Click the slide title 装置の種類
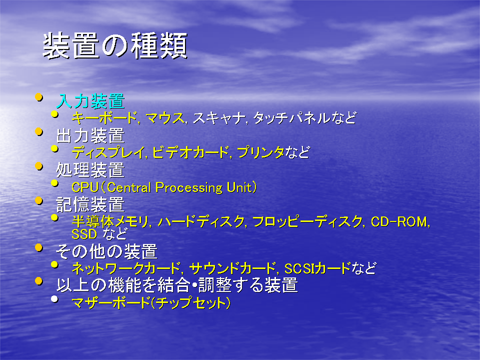click(115, 46)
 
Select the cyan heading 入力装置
click(90, 101)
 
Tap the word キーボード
click(104, 118)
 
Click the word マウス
click(165, 118)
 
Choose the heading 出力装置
click(90, 135)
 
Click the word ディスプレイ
click(108, 152)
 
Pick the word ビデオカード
click(190, 152)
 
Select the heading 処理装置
click(90, 170)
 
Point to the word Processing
click(189, 188)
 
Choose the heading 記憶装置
click(90, 204)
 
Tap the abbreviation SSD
click(84, 234)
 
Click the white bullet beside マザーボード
click(55, 299)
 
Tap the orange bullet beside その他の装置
click(38, 247)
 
